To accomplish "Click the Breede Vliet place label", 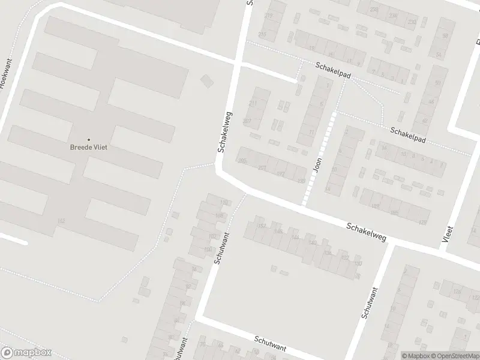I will pos(88,148).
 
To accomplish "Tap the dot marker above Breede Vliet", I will pos(89,140).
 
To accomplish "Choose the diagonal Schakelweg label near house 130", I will pos(365,232).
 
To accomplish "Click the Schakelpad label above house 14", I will pos(408,134).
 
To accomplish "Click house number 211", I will pos(253,103).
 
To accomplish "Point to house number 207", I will pos(247,121).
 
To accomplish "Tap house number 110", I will pos(224,202).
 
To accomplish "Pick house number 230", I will pos(412,22).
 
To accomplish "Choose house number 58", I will pos(445,36).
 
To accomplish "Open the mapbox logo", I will pos(26,353).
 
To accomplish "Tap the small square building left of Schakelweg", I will pos(207,80).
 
